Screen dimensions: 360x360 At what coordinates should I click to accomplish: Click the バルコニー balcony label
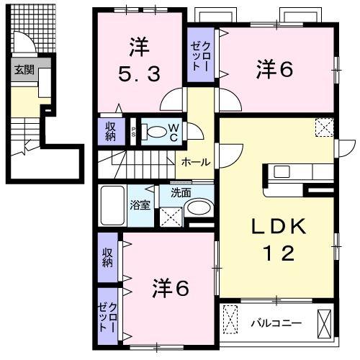276,322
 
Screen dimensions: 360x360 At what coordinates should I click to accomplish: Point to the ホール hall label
196,163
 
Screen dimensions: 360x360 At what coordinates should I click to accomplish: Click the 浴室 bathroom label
140,204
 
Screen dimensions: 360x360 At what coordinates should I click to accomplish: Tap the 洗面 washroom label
181,193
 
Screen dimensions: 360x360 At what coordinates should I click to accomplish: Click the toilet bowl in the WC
155,132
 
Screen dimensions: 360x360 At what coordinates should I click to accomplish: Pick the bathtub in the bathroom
112,207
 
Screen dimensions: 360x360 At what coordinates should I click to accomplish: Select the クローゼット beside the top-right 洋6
200,54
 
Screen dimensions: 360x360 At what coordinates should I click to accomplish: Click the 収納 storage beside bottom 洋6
108,258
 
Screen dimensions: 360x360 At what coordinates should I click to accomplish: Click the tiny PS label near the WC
133,131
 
